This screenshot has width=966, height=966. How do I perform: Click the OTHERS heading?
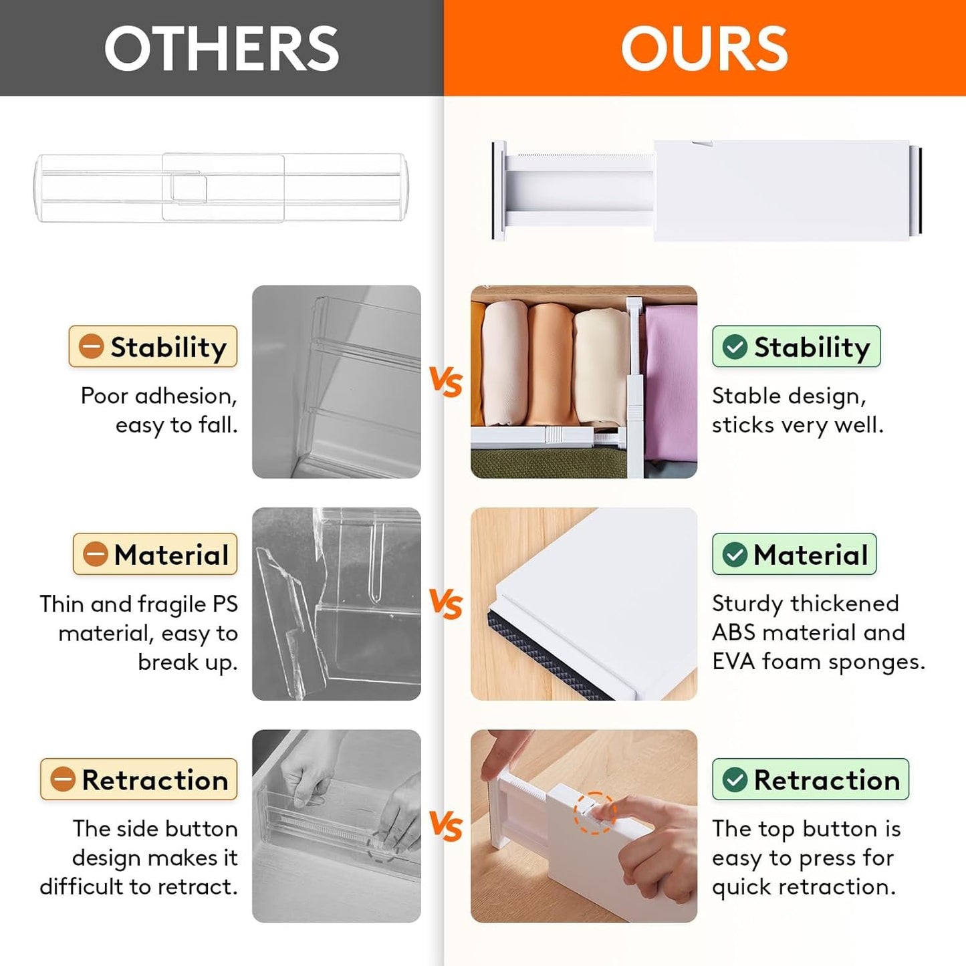tap(221, 48)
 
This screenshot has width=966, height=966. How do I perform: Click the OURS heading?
tap(704, 48)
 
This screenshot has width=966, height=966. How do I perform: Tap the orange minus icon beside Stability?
tap(91, 346)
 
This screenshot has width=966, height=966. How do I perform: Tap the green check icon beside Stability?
tap(735, 346)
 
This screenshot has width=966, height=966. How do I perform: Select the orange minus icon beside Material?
tap(95, 554)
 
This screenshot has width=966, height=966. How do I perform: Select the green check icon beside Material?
tap(735, 554)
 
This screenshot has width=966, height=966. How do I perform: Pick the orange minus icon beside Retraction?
tap(63, 779)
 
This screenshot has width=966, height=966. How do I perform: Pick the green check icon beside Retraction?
tap(735, 779)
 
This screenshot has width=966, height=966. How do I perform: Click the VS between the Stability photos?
tap(446, 382)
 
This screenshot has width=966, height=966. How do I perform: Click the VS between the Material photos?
tap(446, 604)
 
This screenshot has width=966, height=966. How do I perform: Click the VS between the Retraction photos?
tap(446, 826)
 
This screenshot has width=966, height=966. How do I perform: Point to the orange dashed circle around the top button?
tap(594, 813)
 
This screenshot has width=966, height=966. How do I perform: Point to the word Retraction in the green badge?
tap(827, 779)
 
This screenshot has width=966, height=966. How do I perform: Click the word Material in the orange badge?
tap(171, 554)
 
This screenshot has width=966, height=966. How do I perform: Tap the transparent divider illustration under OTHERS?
tap(221, 188)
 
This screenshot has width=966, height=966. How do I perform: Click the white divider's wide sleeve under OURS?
tap(781, 191)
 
